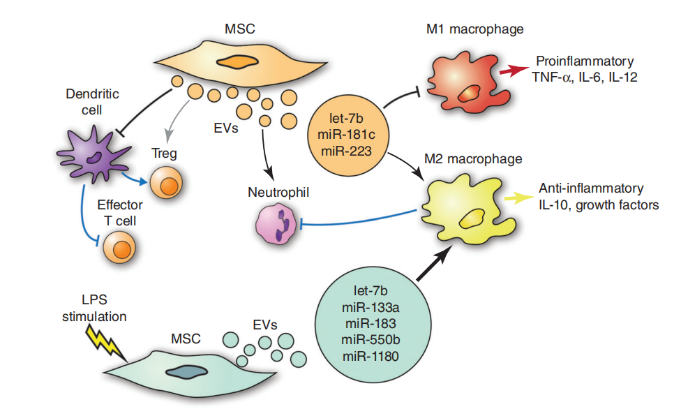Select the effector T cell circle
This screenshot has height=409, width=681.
click(x=119, y=247)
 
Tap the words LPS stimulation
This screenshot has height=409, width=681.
click(x=97, y=308)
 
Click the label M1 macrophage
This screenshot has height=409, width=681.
click(x=474, y=29)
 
